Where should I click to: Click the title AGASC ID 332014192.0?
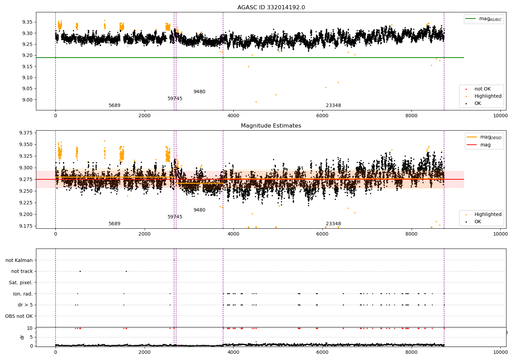coord(271,7)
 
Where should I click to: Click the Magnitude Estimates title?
coord(271,125)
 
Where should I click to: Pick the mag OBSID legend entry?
coord(484,137)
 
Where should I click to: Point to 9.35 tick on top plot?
coord(27,22)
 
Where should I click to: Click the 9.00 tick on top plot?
coord(27,100)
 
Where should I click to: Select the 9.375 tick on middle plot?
coord(26,133)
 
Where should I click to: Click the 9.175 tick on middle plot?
coord(26,226)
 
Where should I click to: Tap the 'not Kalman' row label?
coord(19,260)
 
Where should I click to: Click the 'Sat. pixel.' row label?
coord(21,283)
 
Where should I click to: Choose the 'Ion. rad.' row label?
coord(23,294)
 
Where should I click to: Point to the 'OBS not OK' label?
coord(19,316)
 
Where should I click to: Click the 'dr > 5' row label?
coord(25,305)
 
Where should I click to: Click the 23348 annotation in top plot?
coord(333,105)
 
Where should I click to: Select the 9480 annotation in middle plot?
coord(199,210)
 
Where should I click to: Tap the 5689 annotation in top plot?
coord(114,105)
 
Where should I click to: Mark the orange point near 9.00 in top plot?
coord(256,102)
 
